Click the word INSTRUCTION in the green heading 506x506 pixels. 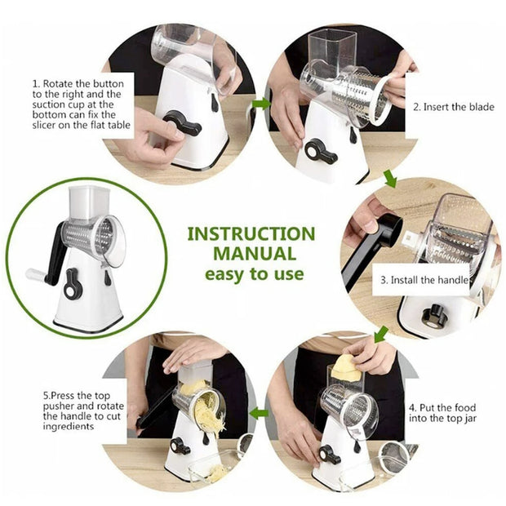pos(251,233)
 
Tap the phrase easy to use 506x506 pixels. pos(251,273)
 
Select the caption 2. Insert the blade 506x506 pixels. pos(453,107)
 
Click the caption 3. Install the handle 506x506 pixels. pos(424,281)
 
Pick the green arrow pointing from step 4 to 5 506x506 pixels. pos(260,413)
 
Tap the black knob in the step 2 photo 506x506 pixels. pos(321,151)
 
